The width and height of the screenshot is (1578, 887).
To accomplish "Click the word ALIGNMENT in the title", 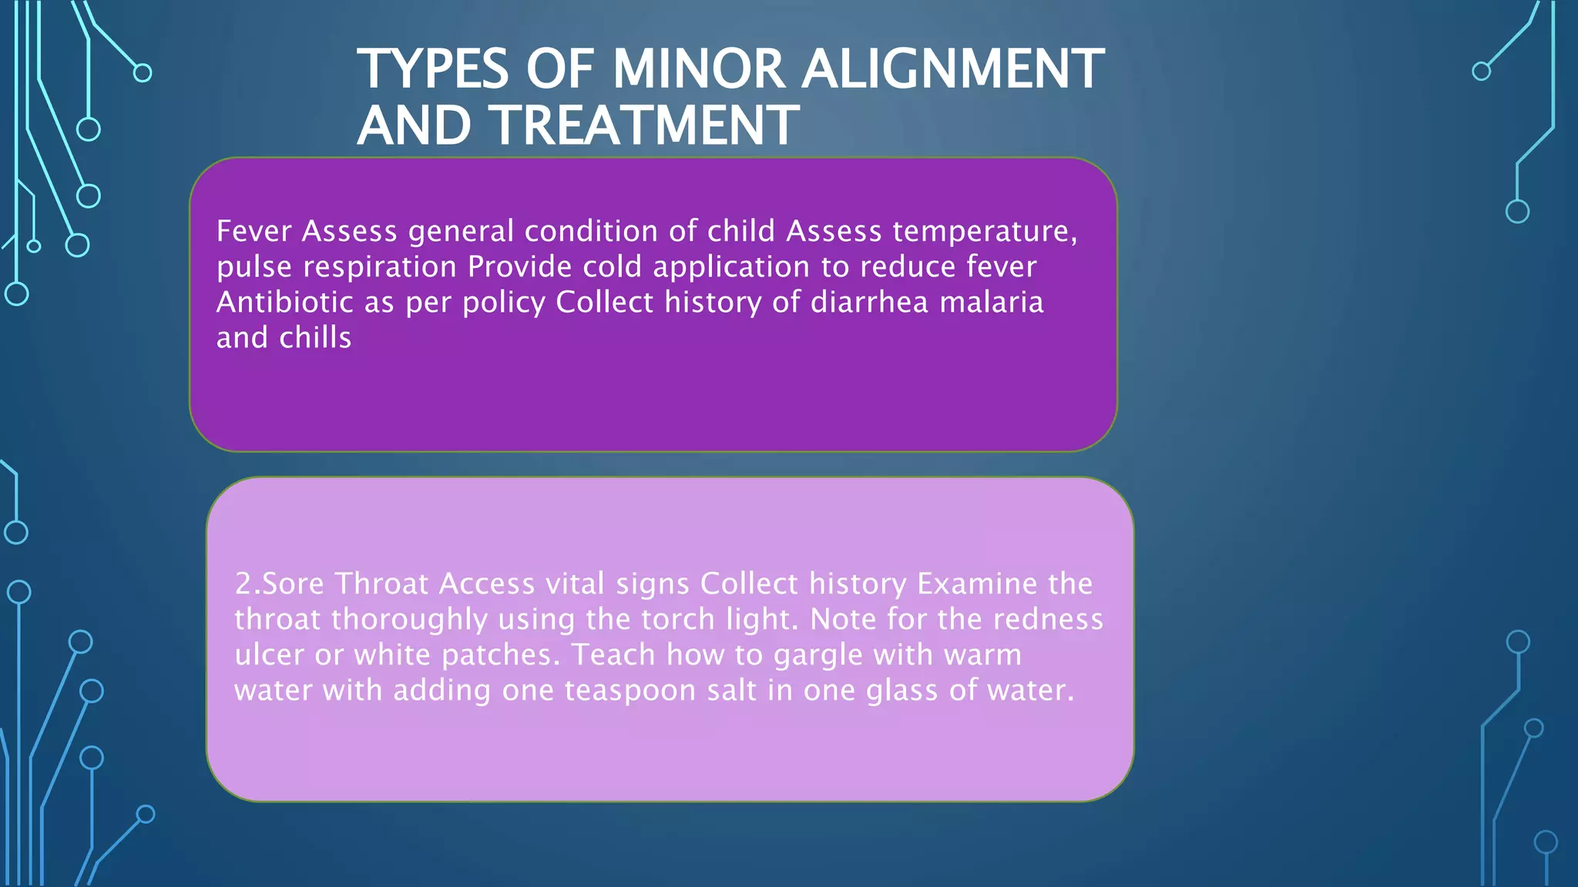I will (x=952, y=69).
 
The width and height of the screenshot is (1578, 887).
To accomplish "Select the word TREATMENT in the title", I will (x=646, y=126).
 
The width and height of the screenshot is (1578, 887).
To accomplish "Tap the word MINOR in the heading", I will (x=698, y=69).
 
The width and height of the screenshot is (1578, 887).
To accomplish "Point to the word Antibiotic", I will (x=284, y=302).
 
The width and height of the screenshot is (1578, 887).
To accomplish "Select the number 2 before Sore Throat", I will (x=243, y=584).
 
